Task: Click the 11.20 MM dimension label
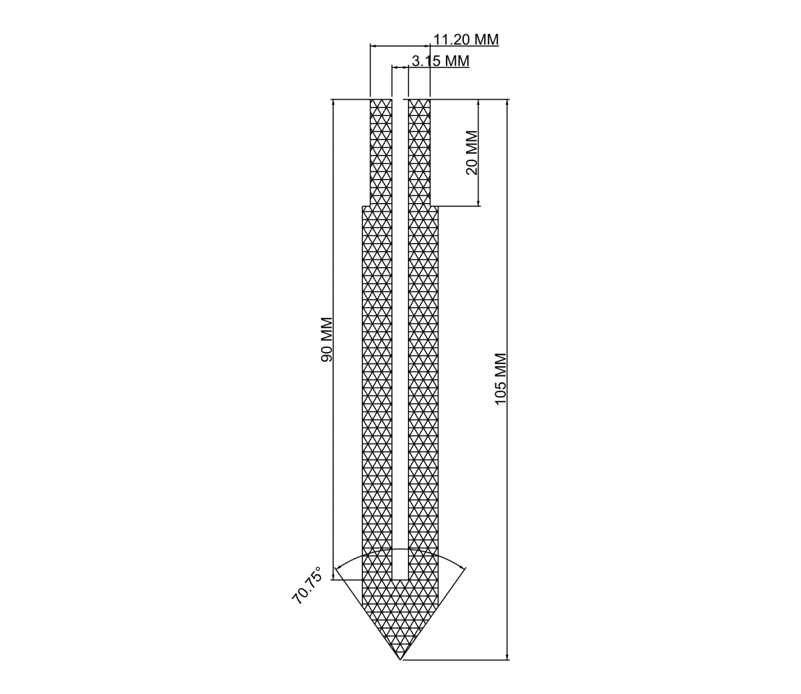click(466, 39)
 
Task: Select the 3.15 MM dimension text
click(441, 61)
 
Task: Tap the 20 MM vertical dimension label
click(472, 153)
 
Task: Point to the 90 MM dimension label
click(326, 339)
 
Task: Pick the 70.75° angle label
click(307, 585)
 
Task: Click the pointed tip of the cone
click(400, 659)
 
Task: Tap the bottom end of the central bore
click(400, 580)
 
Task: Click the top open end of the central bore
click(400, 100)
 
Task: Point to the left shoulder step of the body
click(366, 206)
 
